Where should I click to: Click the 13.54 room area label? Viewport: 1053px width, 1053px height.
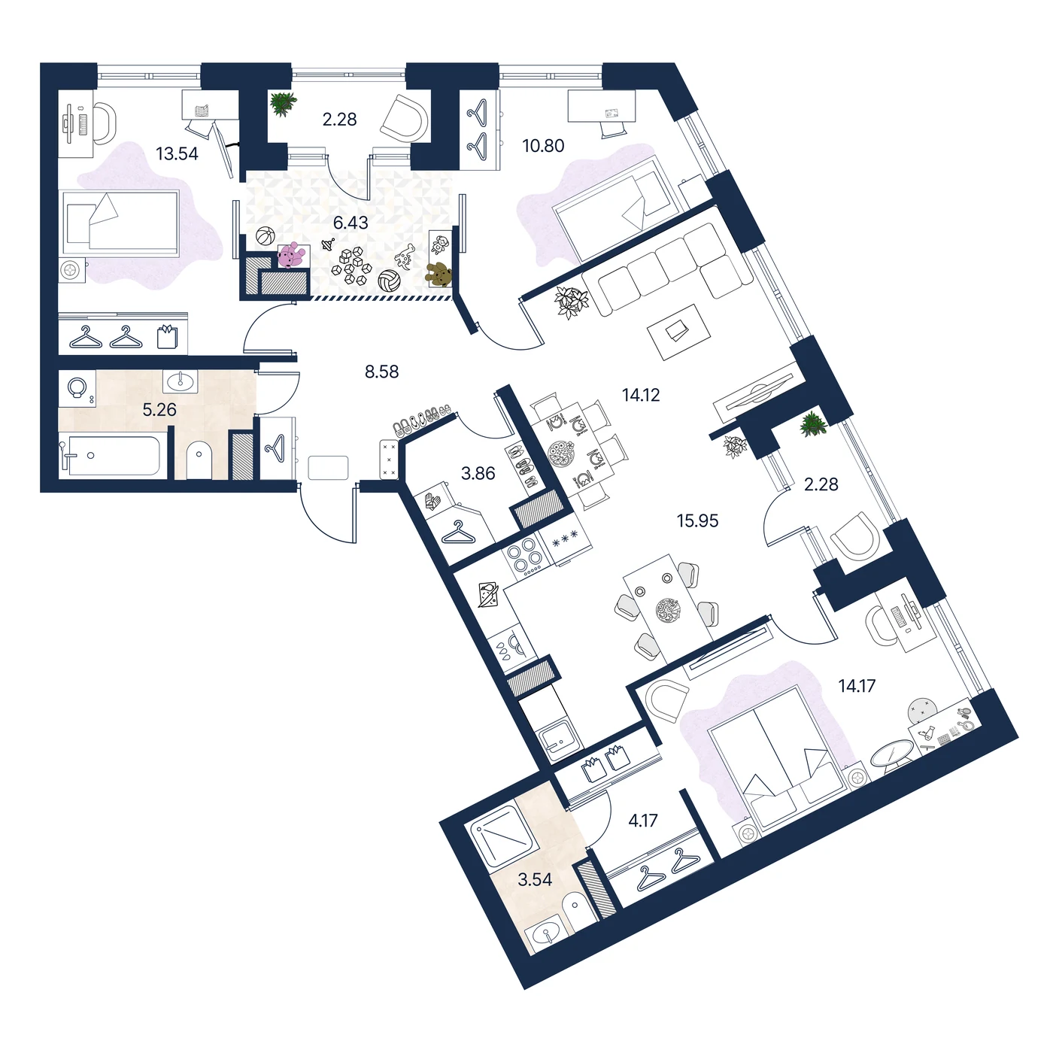[177, 153]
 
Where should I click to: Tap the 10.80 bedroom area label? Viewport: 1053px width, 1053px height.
[542, 146]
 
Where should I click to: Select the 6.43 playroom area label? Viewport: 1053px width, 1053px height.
[350, 223]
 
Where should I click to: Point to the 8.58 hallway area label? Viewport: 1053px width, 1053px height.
[381, 372]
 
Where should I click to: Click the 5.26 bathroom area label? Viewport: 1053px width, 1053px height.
[159, 409]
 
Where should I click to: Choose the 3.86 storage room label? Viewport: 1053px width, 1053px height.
[478, 473]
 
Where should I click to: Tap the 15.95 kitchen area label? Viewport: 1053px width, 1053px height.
[697, 520]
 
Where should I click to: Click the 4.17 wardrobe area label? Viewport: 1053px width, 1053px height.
[642, 821]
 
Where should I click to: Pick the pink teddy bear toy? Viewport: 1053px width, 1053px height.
[291, 255]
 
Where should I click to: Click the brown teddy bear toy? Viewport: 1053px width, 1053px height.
[438, 275]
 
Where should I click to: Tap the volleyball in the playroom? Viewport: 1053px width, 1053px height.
[389, 281]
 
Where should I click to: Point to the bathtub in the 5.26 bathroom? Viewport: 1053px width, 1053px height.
[111, 456]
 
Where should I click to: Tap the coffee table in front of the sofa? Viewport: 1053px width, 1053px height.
[678, 332]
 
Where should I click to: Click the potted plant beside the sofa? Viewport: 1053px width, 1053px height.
[572, 302]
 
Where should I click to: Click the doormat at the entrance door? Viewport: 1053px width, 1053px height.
[328, 468]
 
